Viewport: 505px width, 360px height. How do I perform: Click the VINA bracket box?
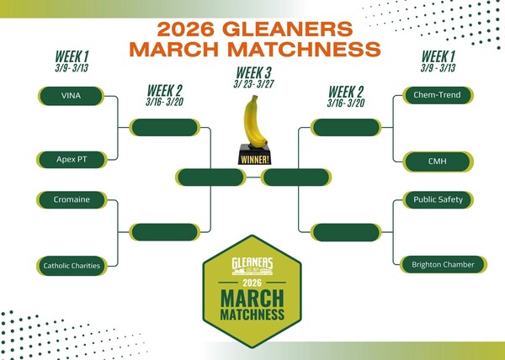point(71,95)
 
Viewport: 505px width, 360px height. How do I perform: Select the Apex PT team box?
point(71,159)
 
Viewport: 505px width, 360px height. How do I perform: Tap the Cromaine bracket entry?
point(71,200)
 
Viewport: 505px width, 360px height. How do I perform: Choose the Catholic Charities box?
point(72,265)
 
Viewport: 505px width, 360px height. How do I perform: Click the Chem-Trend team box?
point(436,95)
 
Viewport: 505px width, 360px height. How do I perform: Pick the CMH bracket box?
point(436,159)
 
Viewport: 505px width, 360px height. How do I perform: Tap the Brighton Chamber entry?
point(437,265)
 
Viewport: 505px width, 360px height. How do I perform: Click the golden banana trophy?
point(252,122)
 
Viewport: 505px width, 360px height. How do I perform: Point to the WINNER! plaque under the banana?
point(252,157)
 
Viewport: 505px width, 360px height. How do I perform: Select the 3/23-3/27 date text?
point(252,83)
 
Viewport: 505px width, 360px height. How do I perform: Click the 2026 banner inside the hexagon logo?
point(252,283)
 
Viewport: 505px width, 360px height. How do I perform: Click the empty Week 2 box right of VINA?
point(163,127)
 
